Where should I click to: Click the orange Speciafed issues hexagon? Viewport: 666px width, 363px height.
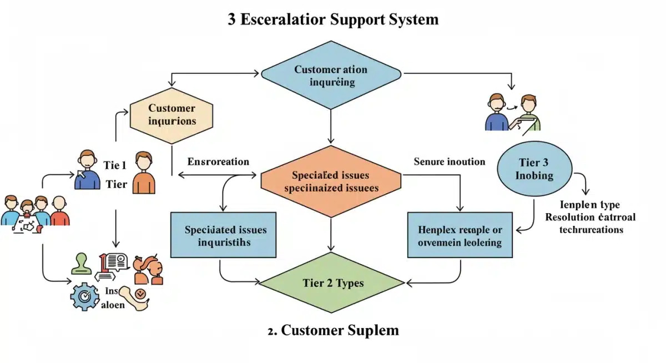pos(331,181)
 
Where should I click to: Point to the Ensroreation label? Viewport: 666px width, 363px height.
pos(218,162)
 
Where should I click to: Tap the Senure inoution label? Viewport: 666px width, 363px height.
pos(450,162)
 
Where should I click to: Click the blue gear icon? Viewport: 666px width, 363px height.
pos(84,297)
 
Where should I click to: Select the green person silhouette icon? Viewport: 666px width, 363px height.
pos(81,264)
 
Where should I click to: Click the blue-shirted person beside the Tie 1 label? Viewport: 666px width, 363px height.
pos(87,170)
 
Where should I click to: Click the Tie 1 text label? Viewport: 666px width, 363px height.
pos(115,165)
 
